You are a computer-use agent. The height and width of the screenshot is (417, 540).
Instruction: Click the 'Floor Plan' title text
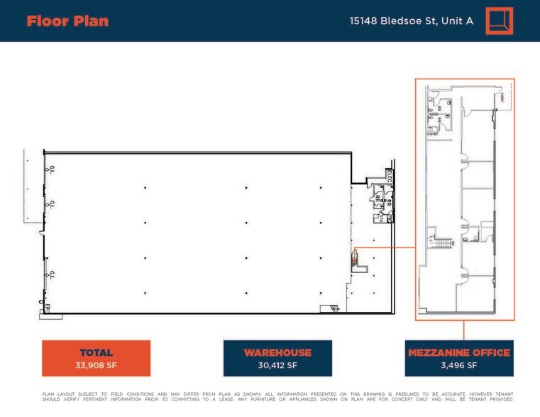(67, 21)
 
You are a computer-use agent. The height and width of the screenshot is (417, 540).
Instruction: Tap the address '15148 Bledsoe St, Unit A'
(411, 21)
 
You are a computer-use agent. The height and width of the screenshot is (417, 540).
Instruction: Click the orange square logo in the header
(499, 21)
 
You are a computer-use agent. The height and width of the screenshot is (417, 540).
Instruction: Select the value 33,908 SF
(96, 366)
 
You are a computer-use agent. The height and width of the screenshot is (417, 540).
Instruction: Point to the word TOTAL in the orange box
(96, 352)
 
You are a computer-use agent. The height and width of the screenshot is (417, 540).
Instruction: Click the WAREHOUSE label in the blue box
(277, 352)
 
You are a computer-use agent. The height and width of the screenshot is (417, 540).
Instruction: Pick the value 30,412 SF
(277, 366)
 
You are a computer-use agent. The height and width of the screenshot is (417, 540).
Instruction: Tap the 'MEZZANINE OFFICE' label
(458, 352)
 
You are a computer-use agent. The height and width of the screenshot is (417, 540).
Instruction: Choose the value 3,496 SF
(458, 366)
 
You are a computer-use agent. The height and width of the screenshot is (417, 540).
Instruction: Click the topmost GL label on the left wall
(52, 169)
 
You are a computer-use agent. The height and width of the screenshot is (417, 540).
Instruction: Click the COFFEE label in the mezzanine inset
(431, 133)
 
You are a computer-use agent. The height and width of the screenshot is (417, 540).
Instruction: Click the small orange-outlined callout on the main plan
(356, 255)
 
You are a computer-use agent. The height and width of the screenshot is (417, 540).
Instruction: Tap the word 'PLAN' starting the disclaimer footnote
(48, 394)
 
